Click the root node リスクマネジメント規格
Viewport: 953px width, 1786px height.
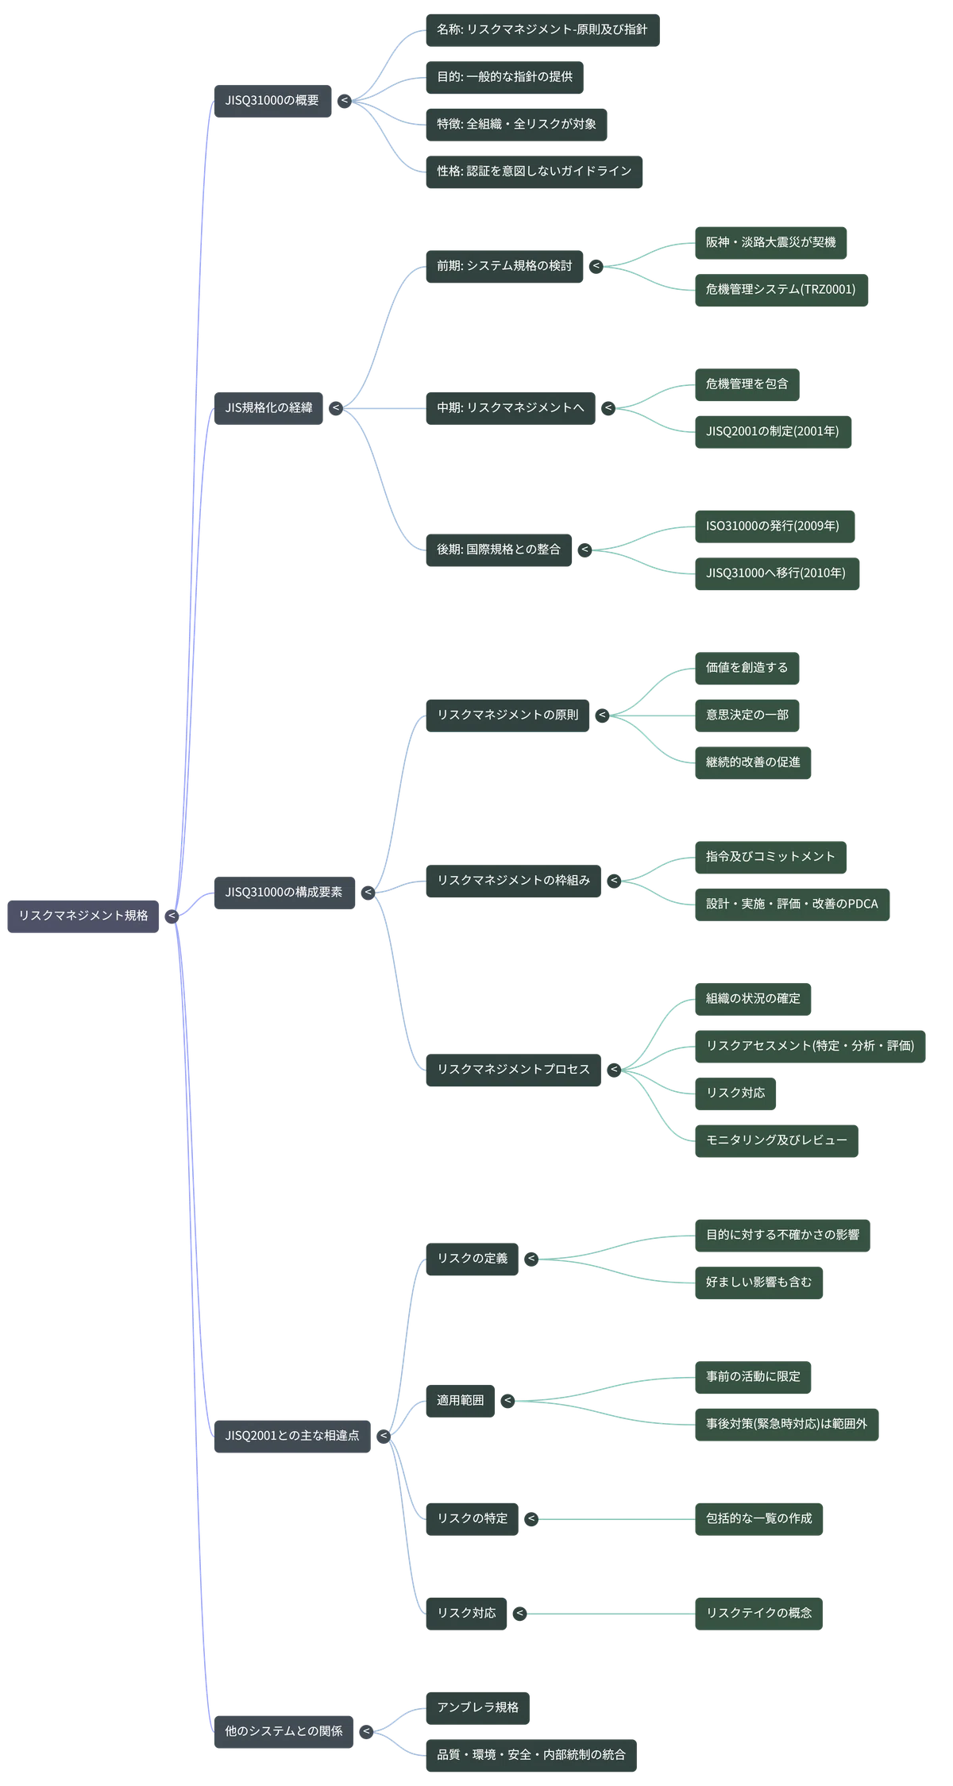(x=83, y=916)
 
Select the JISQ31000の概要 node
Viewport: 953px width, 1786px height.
(x=272, y=101)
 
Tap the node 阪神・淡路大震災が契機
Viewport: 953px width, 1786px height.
(x=770, y=242)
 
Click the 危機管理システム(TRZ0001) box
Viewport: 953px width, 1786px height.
(x=781, y=290)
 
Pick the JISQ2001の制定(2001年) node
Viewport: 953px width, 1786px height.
(x=773, y=432)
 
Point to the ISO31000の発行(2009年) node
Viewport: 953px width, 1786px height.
(x=774, y=527)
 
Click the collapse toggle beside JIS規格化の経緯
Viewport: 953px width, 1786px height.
(x=336, y=408)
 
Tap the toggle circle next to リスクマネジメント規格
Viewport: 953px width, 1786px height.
(x=172, y=916)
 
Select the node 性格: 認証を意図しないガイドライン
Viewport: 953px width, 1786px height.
(x=534, y=172)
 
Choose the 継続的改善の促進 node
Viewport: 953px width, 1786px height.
(x=753, y=762)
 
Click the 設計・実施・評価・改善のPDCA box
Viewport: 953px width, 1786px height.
(x=792, y=905)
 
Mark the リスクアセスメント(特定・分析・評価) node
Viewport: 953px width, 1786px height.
(x=810, y=1046)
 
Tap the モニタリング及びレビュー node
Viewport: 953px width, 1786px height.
(x=777, y=1140)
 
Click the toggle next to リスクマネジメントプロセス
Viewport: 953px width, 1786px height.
(x=614, y=1070)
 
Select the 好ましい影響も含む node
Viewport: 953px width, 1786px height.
(x=758, y=1283)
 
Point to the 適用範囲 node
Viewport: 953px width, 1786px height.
(x=461, y=1401)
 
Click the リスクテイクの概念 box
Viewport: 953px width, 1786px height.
(x=758, y=1614)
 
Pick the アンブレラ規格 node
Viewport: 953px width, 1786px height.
(x=477, y=1708)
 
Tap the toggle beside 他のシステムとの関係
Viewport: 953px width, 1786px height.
(x=366, y=1731)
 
